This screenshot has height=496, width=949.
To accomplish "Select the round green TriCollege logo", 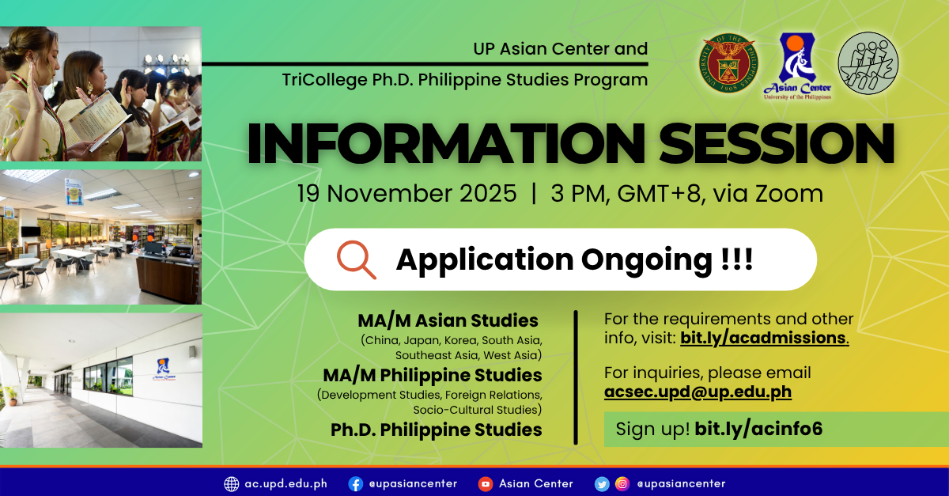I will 868,63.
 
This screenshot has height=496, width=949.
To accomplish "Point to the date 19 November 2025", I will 406,194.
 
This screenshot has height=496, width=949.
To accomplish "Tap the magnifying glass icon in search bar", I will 357,259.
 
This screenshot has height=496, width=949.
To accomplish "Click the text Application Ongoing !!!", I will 574,259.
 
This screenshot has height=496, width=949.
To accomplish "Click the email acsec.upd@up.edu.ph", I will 698,392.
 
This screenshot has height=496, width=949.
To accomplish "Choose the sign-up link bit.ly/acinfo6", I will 758,430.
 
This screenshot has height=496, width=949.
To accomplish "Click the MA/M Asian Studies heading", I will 448,320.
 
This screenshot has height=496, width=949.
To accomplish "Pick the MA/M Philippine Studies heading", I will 432,374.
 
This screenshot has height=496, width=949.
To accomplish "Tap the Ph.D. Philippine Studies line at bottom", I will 436,430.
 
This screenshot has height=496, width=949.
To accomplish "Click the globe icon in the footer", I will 232,483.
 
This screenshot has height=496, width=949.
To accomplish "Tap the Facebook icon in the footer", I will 356,483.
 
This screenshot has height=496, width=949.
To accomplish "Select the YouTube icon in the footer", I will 486,483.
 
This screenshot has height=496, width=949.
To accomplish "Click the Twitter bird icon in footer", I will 602,483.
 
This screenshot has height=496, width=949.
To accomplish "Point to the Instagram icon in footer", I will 622,483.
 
